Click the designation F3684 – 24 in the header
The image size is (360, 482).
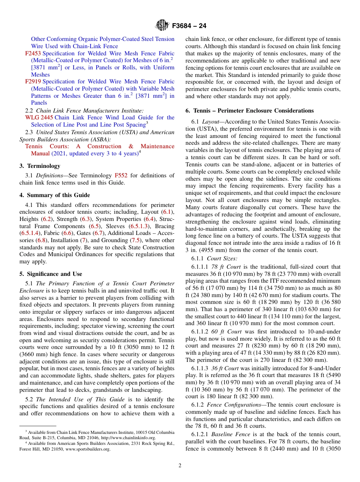(189, 26)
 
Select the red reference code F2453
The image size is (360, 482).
(33, 53)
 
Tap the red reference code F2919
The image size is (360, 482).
(33, 81)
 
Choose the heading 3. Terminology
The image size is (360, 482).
(40, 166)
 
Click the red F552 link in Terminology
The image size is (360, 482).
(121, 175)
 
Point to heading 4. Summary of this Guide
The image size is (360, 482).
(55, 195)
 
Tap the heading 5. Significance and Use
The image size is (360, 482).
(51, 274)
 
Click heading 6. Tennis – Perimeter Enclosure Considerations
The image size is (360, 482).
(249, 111)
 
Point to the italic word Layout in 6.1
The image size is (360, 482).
(211, 122)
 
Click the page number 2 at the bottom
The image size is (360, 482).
(180, 466)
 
